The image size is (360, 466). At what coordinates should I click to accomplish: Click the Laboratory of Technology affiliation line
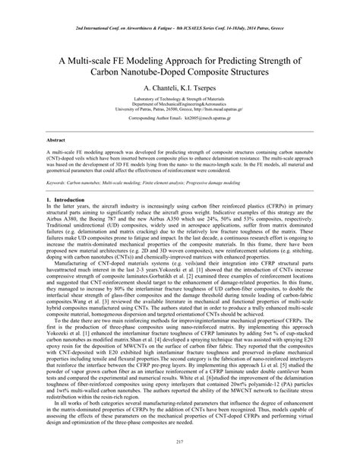(x=180, y=109)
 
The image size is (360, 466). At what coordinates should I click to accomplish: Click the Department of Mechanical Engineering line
(x=180, y=115)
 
